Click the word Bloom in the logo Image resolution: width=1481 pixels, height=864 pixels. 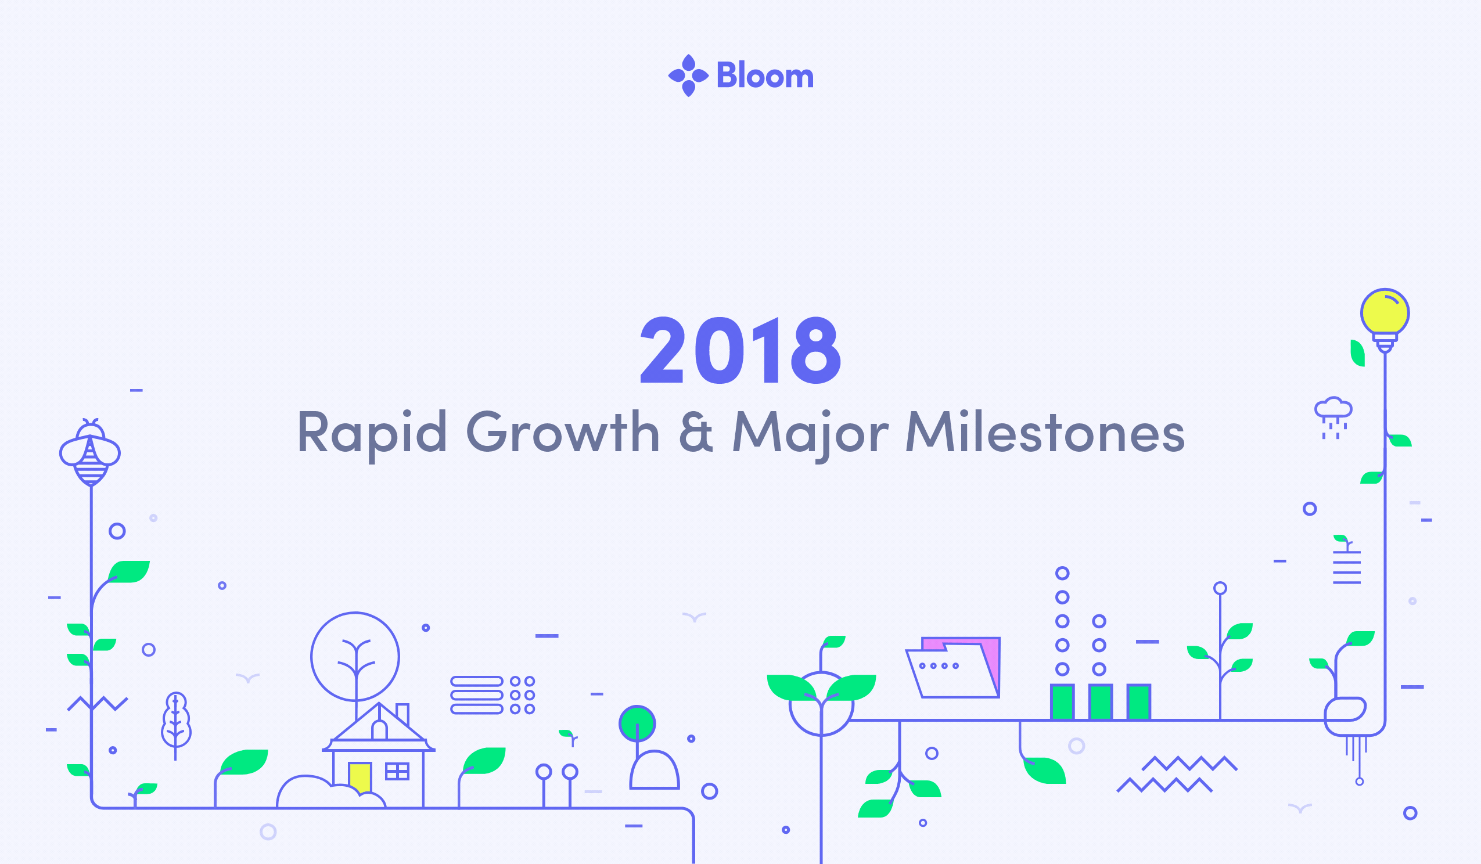764,75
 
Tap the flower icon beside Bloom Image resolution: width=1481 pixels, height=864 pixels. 688,75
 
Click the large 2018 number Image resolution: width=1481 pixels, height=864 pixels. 740,350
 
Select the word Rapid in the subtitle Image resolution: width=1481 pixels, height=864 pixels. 372,434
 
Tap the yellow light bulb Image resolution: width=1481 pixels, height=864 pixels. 1385,320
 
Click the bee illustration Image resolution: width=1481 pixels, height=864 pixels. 90,452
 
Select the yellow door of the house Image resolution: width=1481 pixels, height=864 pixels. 360,777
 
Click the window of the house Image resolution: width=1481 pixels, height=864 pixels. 397,771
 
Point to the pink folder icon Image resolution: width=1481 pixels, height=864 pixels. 952,667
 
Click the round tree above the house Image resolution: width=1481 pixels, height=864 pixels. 355,657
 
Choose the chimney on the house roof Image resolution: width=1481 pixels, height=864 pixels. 402,714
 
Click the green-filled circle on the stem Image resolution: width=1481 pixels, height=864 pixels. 637,723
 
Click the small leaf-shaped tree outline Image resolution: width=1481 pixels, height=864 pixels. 176,725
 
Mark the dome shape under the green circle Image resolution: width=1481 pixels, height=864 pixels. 655,770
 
